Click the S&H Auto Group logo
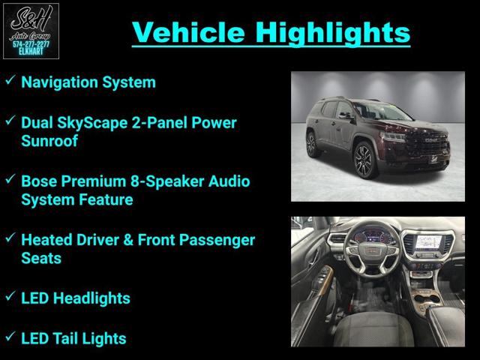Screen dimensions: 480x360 click(x=31, y=31)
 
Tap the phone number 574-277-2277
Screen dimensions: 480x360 click(x=31, y=44)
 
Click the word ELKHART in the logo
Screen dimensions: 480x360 click(x=31, y=52)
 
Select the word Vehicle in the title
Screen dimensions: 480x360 click(x=188, y=32)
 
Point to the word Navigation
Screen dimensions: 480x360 click(x=60, y=82)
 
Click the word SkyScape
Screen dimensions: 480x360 click(x=92, y=123)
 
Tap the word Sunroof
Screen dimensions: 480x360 click(x=49, y=141)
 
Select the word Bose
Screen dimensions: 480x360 click(x=39, y=181)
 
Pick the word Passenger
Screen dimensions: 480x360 click(x=217, y=240)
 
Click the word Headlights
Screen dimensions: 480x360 click(x=91, y=298)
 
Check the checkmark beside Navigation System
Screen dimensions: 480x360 click(x=10, y=80)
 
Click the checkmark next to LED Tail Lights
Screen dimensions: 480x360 click(x=10, y=336)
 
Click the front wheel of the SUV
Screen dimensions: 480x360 click(x=365, y=160)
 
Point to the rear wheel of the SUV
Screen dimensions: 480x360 click(x=312, y=145)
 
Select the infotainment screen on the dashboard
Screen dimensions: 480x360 click(x=427, y=242)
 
